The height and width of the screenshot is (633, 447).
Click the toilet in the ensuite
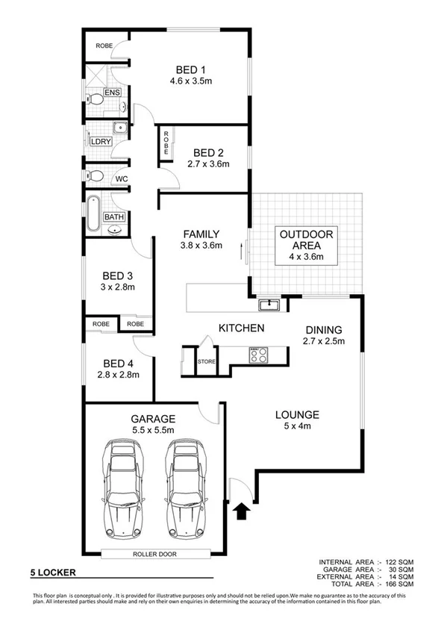[95, 99]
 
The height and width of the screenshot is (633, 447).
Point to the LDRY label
[100, 141]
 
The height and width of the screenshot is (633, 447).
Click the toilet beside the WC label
[95, 177]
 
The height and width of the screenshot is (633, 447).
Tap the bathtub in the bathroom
[93, 212]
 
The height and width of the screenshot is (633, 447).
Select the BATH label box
[113, 217]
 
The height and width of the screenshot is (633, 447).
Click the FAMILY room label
[201, 233]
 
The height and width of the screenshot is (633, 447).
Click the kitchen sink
[268, 305]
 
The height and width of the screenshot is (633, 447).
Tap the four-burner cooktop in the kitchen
[257, 355]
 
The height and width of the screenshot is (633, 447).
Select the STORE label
[206, 362]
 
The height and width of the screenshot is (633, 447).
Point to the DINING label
[324, 329]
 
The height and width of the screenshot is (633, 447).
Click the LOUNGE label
[297, 415]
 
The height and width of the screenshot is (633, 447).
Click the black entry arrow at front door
[241, 512]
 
